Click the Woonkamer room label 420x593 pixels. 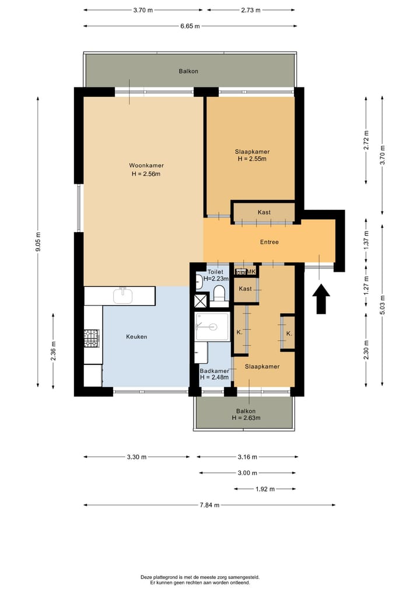pyautogui.click(x=146, y=165)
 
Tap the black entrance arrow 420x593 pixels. pyautogui.click(x=321, y=299)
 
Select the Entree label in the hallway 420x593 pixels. pyautogui.click(x=269, y=242)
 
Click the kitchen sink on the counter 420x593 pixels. pyautogui.click(x=123, y=296)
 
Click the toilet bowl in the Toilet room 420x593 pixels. pyautogui.click(x=219, y=294)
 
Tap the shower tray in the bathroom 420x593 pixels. pyautogui.click(x=212, y=326)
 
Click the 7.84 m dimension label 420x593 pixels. pyautogui.click(x=209, y=505)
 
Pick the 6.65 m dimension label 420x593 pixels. pyautogui.click(x=190, y=26)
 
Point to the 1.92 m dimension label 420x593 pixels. pyautogui.click(x=265, y=489)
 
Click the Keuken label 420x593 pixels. pyautogui.click(x=136, y=336)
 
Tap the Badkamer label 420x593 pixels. pyautogui.click(x=214, y=371)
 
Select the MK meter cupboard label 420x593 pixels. pyautogui.click(x=251, y=272)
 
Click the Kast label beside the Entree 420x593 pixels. pyautogui.click(x=264, y=212)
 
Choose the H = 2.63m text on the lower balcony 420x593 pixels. pyautogui.click(x=246, y=418)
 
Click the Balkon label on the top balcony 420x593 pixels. pyautogui.click(x=188, y=71)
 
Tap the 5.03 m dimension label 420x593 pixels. pyautogui.click(x=383, y=305)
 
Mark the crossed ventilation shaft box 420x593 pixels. pyautogui.click(x=201, y=301)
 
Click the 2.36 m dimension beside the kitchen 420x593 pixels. pyautogui.click(x=53, y=351)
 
